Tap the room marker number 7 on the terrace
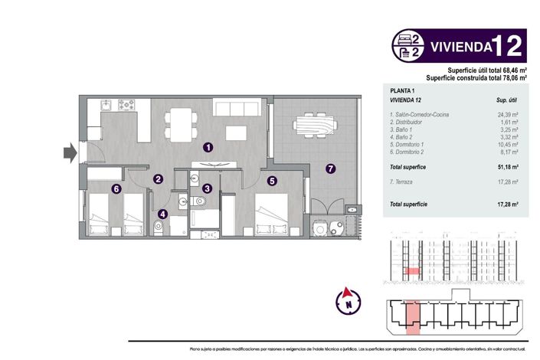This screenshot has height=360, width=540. (x=330, y=169)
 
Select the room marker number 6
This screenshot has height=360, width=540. (x=116, y=188)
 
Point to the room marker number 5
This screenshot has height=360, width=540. (x=272, y=182)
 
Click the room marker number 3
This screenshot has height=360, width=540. (x=208, y=188)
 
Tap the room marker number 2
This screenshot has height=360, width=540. (x=158, y=179)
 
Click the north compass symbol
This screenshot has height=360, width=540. (x=349, y=299)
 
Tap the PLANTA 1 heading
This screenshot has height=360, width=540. (x=404, y=91)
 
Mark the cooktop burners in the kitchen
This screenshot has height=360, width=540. (x=126, y=104)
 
